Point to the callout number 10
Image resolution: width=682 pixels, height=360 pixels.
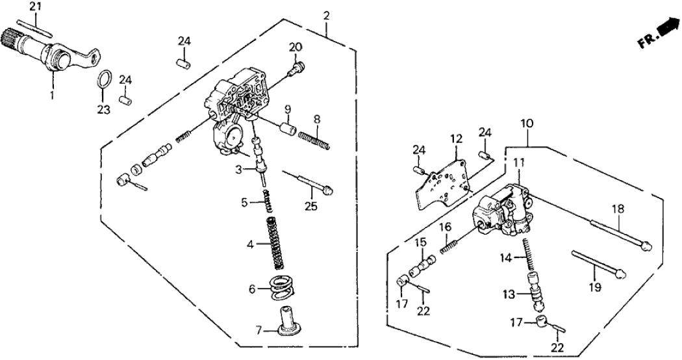coord(526,122)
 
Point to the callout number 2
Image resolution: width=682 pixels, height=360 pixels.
coord(326,15)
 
